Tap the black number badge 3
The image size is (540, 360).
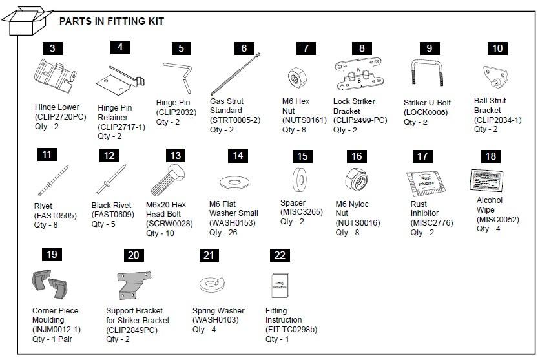tap(52, 48)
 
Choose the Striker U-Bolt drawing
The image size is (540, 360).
tap(426, 76)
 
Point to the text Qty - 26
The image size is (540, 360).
tap(223, 233)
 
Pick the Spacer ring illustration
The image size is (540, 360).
tap(300, 177)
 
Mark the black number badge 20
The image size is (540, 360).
tap(133, 255)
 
